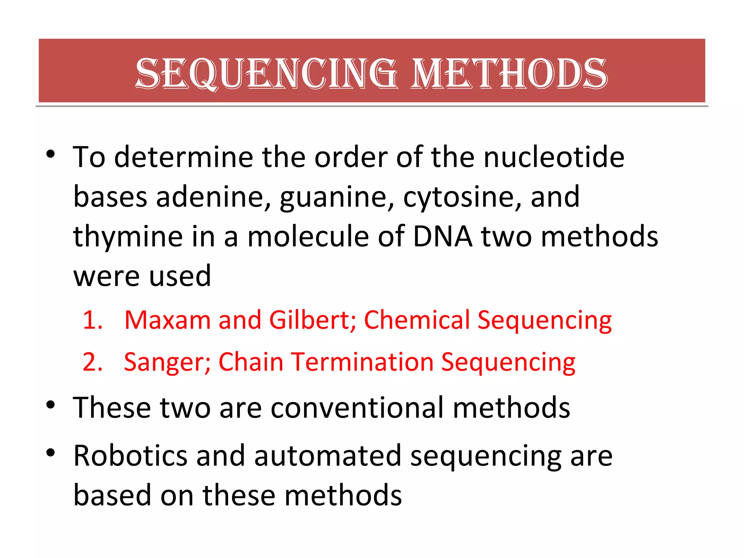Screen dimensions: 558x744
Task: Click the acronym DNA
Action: click(443, 236)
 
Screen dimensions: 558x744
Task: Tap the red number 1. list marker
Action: click(93, 320)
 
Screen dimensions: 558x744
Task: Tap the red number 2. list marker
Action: click(93, 362)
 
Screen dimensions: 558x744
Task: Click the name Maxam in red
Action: click(167, 320)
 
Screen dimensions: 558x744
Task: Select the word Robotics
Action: click(130, 456)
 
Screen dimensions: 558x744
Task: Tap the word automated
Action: click(327, 456)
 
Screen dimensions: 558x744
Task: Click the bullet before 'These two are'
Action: click(50, 404)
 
